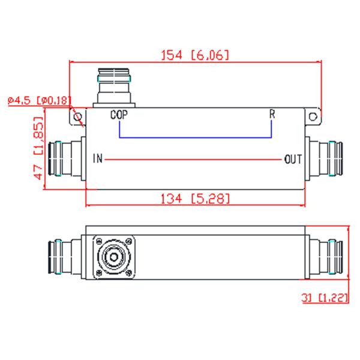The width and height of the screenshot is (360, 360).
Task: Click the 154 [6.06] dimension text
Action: (195, 55)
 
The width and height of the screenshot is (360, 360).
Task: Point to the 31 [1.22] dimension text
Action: (325, 298)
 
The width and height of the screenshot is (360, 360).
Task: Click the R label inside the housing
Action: (272, 115)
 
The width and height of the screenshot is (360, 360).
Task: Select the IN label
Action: (98, 159)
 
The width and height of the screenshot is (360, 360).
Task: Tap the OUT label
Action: (293, 160)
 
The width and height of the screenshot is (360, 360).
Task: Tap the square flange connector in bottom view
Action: (115, 259)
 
